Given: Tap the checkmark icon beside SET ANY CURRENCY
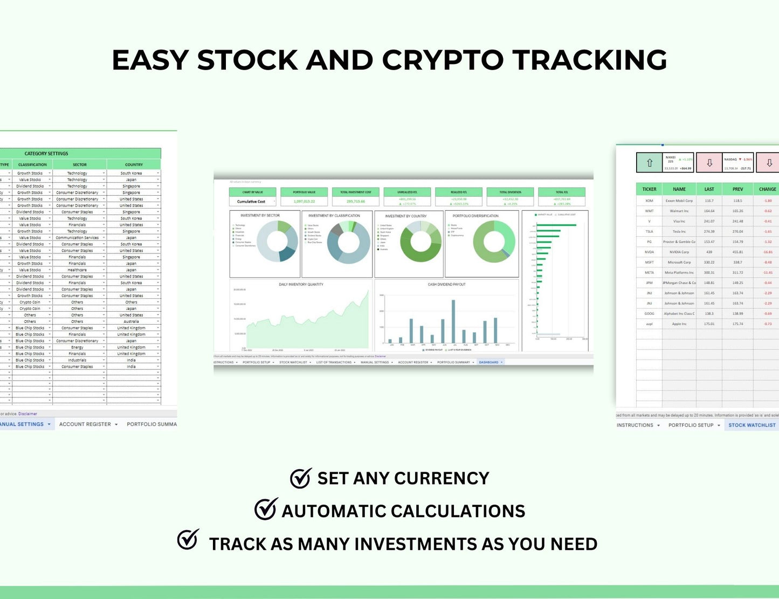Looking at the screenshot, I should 300,478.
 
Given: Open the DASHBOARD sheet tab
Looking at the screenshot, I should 489,362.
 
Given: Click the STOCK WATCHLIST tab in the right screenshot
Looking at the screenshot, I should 752,425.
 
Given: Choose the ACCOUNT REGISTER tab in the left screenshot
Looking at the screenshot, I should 85,424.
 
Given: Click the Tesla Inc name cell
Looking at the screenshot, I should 679,231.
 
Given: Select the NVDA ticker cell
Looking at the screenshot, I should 649,252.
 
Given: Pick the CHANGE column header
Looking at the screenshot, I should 767,189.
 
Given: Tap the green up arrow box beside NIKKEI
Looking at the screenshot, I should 650,163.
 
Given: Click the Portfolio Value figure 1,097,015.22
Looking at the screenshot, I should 304,201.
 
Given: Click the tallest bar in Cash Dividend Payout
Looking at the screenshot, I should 453,321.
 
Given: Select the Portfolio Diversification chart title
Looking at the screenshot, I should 475,216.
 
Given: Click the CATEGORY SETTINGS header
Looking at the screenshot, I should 46,154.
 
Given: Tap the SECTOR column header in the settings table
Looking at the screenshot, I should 79,164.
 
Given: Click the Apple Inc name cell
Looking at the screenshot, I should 679,324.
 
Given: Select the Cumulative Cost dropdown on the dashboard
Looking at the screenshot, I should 253,202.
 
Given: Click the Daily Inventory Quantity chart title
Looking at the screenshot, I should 301,284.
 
